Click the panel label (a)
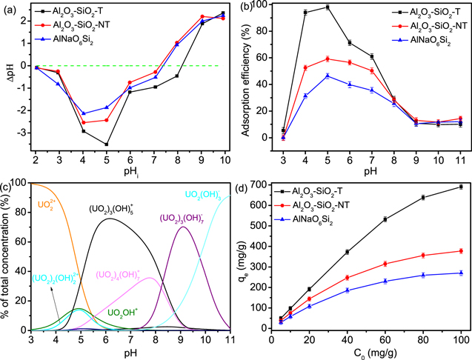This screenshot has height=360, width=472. pyautogui.click(x=13, y=8)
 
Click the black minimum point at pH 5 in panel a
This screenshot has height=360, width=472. pyautogui.click(x=107, y=144)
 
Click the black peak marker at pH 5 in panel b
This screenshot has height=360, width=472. pyautogui.click(x=328, y=7)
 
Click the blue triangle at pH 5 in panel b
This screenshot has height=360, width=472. pyautogui.click(x=328, y=76)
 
